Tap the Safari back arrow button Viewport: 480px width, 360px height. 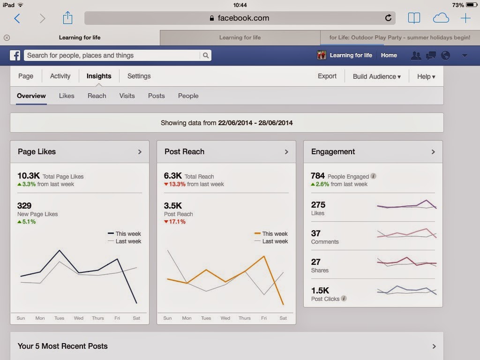click(17, 18)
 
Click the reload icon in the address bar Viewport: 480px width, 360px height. click(388, 18)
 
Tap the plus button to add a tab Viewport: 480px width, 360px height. click(465, 18)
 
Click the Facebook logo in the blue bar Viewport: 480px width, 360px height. click(15, 55)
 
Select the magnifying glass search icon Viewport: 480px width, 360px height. click(206, 55)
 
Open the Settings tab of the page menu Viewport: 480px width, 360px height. click(139, 76)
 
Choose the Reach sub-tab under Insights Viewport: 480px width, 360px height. click(97, 96)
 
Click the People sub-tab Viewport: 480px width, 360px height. click(188, 96)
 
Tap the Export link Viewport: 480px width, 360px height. click(327, 76)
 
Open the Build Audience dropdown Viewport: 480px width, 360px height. click(377, 76)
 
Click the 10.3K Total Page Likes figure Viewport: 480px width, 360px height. click(29, 176)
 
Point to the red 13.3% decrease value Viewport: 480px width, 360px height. click(177, 184)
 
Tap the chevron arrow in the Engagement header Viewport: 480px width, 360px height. click(433, 152)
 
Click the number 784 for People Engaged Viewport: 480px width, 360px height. click(317, 176)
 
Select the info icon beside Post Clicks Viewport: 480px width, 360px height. click(344, 299)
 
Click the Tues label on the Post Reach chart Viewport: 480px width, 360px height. click(206, 318)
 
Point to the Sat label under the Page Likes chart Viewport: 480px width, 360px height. click(136, 318)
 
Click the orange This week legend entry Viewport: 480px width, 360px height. click(271, 233)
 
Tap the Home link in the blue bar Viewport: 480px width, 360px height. click(389, 55)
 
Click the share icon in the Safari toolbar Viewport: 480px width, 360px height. click(67, 18)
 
